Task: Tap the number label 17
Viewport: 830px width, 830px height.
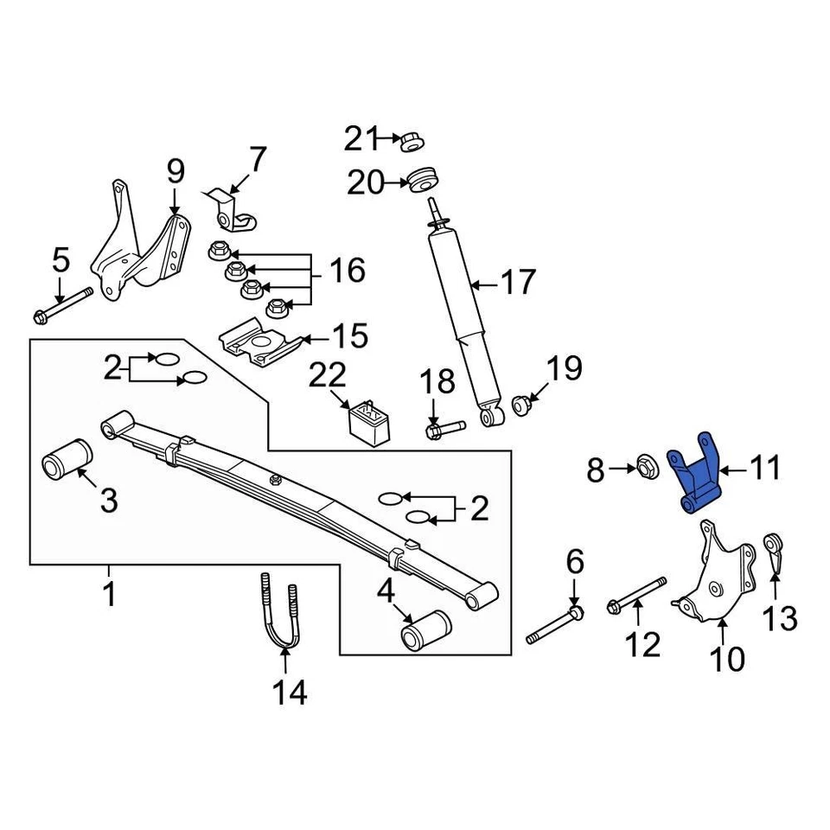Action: [x=518, y=282]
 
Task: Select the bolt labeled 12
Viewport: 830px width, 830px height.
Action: [x=638, y=596]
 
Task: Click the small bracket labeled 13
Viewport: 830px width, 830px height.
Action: [x=775, y=556]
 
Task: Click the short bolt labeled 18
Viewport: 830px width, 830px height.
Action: [x=444, y=426]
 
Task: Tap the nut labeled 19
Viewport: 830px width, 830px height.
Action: [x=522, y=404]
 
